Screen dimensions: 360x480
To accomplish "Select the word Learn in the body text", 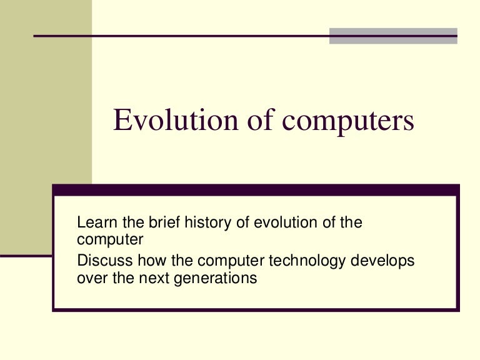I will (x=94, y=222).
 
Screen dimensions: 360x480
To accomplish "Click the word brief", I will (x=161, y=222).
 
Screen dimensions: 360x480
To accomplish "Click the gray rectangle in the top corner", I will (x=393, y=36).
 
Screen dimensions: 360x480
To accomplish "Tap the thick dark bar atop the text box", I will (x=256, y=189).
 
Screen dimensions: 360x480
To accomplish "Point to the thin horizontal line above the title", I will (x=181, y=36).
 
